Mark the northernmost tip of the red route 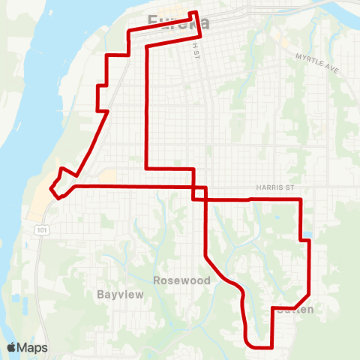click(x=196, y=12)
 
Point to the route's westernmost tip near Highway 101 click(x=50, y=190)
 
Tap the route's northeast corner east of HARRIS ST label click(x=300, y=199)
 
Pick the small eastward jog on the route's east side click(x=305, y=240)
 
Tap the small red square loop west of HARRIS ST click(x=199, y=193)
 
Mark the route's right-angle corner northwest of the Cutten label click(x=271, y=307)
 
